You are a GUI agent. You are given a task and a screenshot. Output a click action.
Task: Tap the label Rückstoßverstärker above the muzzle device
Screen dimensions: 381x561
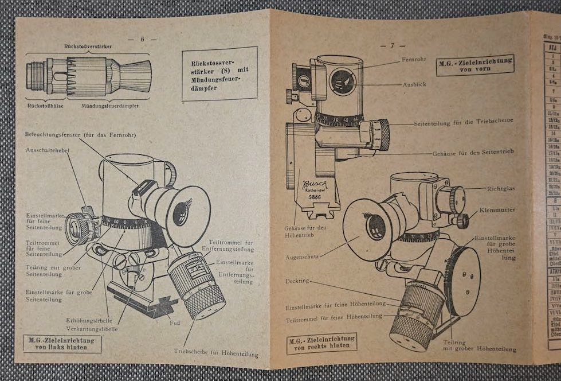88,45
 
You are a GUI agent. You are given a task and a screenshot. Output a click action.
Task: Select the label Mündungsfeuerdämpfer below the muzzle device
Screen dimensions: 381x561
109,106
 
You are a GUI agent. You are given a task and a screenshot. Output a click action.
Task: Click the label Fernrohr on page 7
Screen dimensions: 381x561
413,59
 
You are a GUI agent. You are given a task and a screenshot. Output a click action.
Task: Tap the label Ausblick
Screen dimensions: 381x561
414,84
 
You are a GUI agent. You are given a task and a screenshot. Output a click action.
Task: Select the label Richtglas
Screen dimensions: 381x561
500,188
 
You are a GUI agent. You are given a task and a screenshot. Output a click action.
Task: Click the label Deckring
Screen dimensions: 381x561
298,281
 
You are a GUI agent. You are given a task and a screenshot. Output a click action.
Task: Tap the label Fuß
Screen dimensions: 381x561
175,322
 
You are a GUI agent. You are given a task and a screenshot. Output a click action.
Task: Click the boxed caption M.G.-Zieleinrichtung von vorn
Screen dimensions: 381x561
474,65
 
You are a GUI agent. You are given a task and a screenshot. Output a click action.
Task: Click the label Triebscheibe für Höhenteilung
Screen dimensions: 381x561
216,353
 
